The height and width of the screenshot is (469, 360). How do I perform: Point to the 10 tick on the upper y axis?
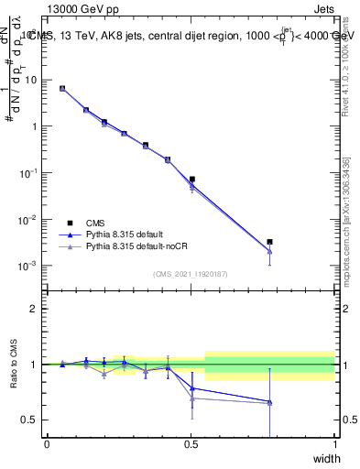32,80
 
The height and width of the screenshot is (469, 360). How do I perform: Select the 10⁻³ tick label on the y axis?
28,266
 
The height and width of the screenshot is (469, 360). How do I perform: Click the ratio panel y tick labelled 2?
37,309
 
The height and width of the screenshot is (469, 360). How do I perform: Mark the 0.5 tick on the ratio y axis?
32,420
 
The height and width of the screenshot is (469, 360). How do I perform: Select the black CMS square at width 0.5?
191,180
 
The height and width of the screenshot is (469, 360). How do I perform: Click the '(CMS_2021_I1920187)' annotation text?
191,274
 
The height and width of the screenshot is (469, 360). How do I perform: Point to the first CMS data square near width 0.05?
62,88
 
